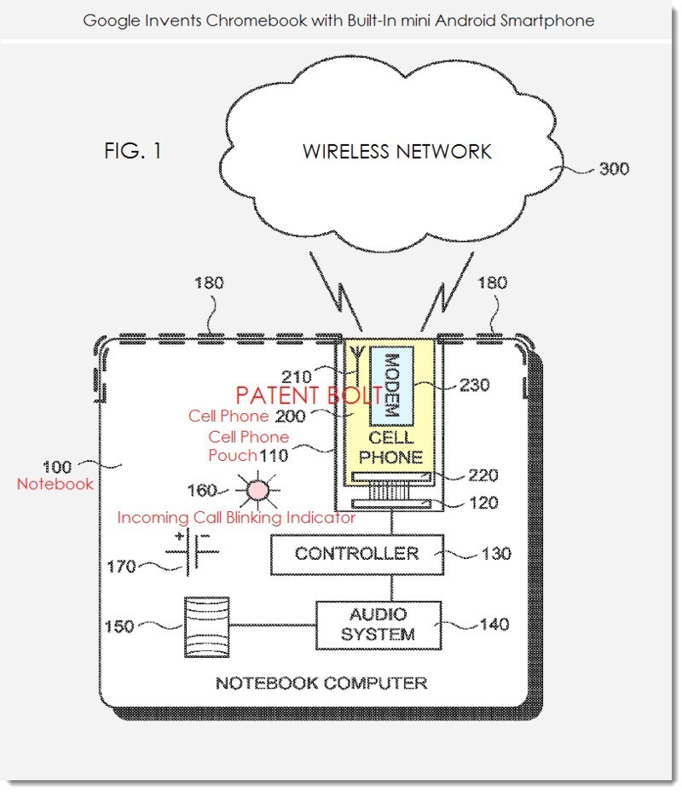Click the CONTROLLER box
pyautogui.click(x=356, y=554)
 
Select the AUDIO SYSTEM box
pyautogui.click(x=379, y=625)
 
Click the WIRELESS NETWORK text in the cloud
pyautogui.click(x=396, y=152)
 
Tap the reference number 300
pyautogui.click(x=614, y=168)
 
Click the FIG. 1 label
pyautogui.click(x=132, y=152)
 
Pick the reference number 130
pyautogui.click(x=495, y=554)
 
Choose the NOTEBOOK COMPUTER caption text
pyautogui.click(x=321, y=683)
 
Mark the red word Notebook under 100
pyautogui.click(x=55, y=484)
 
